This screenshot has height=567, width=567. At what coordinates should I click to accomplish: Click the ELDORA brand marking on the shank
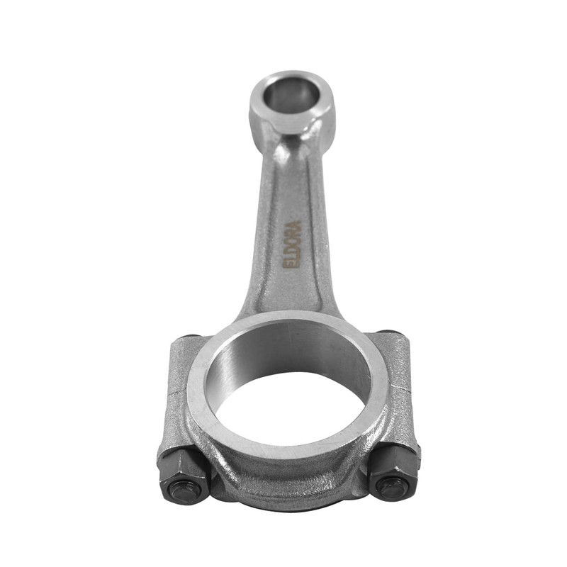291,245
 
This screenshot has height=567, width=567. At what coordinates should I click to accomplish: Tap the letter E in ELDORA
288,265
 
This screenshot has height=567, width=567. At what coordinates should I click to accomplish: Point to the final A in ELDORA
296,224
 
